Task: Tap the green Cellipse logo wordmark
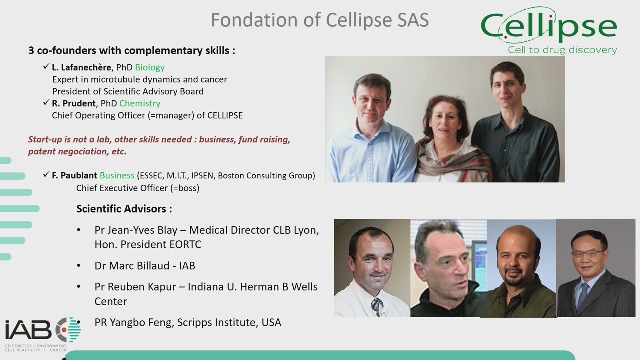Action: coord(549,26)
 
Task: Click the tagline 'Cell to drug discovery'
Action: coord(562,50)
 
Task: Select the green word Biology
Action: coord(150,67)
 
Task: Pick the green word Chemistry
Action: coord(140,103)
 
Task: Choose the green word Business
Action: coord(117,175)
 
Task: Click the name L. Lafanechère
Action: coord(81,67)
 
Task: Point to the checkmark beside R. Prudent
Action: coord(46,102)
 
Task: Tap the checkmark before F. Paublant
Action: coord(46,174)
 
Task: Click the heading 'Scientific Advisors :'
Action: coord(124,209)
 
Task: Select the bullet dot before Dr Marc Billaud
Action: coord(79,266)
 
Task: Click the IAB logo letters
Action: coord(28,330)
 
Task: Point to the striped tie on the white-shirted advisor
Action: coord(377,307)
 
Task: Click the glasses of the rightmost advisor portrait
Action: coord(589,253)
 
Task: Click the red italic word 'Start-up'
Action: coord(45,139)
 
